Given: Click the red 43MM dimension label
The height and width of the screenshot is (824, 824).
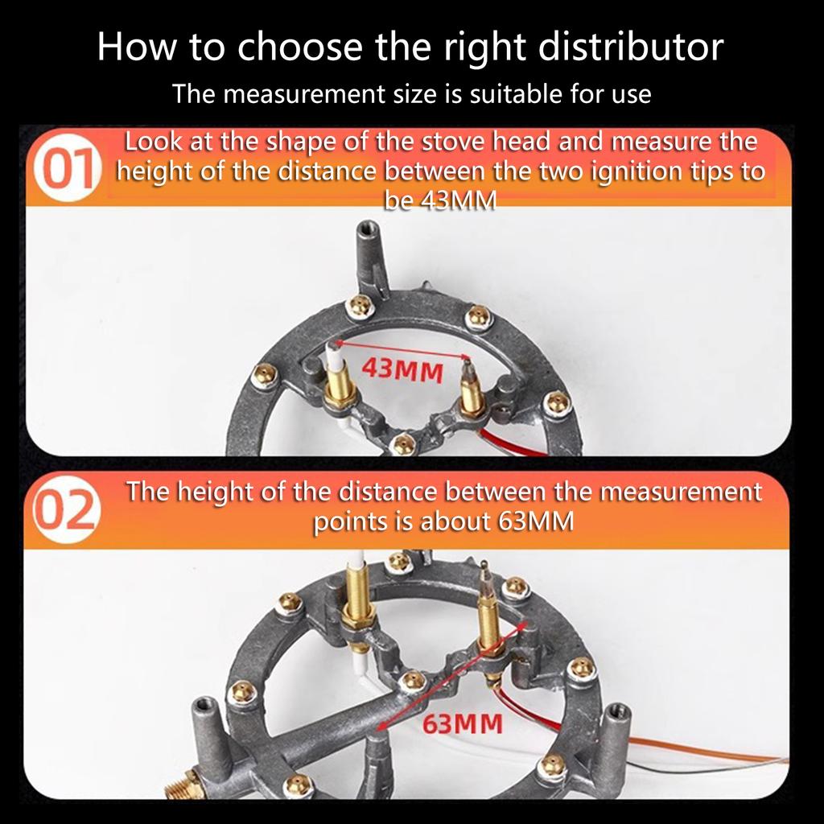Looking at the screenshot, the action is point(402,370).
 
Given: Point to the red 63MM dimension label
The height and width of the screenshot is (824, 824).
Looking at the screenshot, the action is point(463,723).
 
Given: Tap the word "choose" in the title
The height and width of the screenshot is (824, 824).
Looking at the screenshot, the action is point(299,47).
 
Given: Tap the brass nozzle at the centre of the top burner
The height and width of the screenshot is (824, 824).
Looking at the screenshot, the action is point(403,444).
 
